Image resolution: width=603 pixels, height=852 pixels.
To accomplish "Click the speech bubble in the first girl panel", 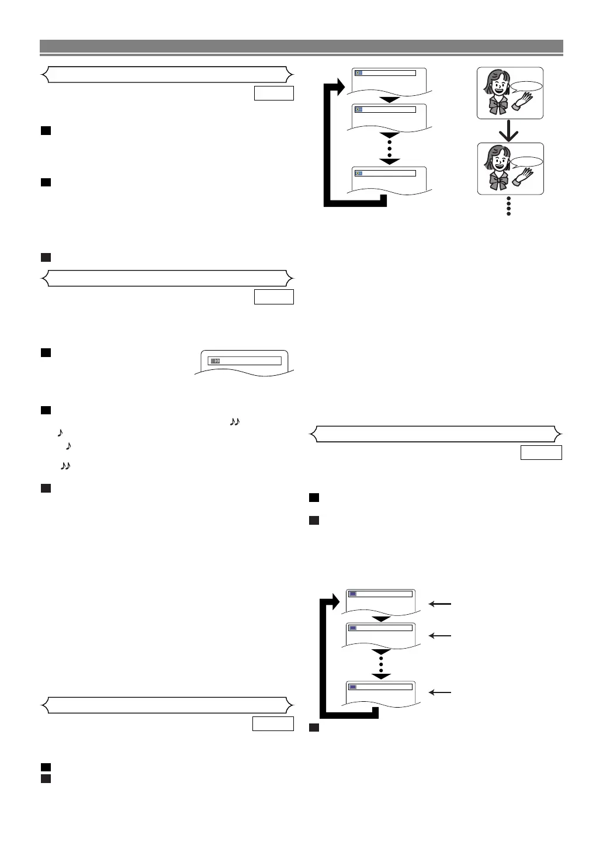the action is tap(527, 87).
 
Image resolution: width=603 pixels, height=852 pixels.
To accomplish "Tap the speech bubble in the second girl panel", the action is tap(527, 162).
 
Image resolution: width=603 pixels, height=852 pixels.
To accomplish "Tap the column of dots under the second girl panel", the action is tap(509, 206).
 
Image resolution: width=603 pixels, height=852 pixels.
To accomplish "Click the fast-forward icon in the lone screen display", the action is tap(216, 361).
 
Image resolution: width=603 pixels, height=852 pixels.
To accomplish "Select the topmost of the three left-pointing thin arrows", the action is tap(439, 604).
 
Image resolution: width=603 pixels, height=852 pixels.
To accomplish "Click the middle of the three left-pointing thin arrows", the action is tap(439, 635).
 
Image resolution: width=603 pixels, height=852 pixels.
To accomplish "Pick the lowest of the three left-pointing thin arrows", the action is tap(439, 692).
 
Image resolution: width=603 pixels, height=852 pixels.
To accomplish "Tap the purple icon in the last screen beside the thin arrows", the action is tap(352, 687).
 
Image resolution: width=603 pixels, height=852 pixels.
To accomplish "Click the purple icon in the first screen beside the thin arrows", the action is tap(352, 594).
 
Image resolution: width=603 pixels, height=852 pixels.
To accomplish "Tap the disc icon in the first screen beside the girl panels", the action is tap(359, 73).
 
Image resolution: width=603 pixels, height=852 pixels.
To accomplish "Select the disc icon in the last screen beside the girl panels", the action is tap(359, 173).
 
